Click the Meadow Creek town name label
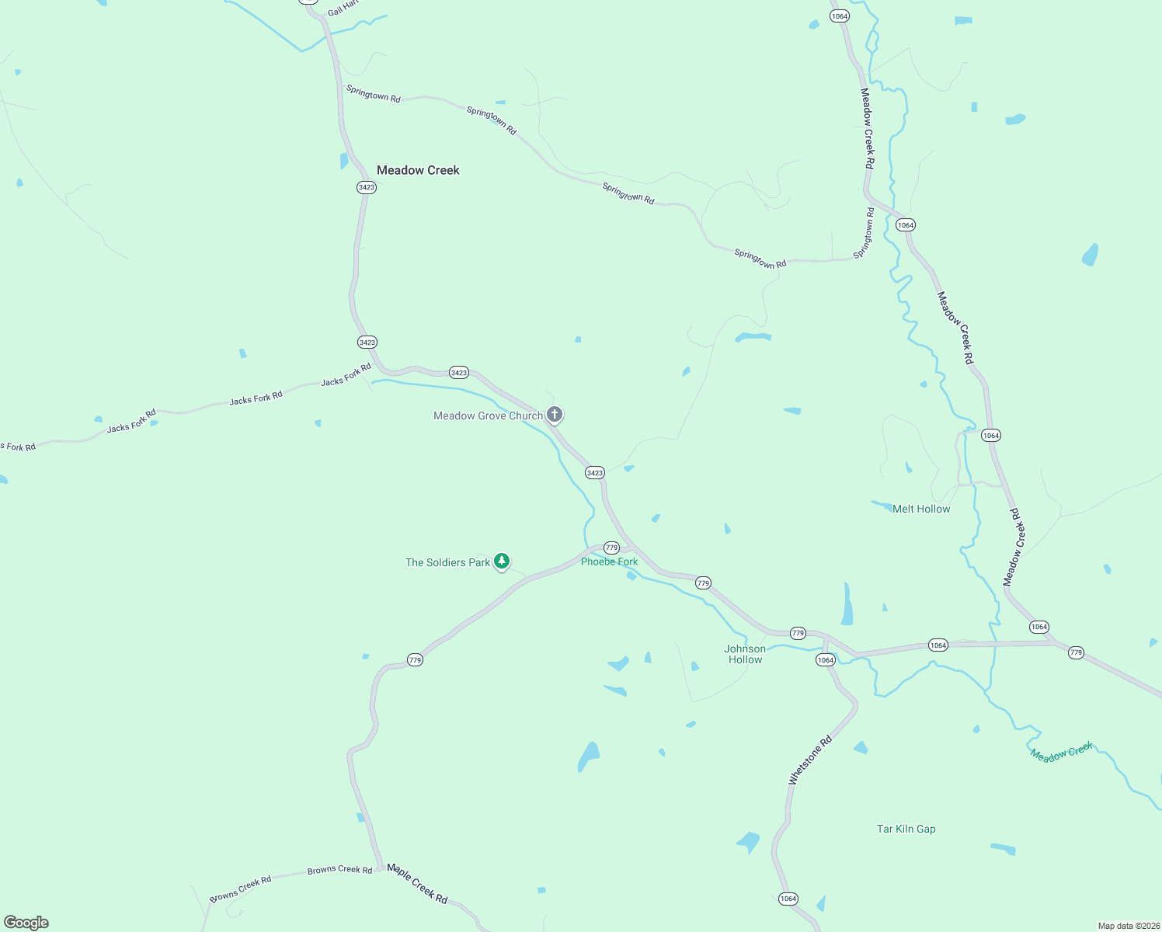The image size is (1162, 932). [418, 170]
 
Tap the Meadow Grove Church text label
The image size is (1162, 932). [488, 416]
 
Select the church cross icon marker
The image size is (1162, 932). [555, 414]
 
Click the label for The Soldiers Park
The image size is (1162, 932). [447, 562]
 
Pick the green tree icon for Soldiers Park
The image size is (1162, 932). [502, 561]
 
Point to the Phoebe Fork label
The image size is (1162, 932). [609, 562]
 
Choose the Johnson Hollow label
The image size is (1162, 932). [745, 654]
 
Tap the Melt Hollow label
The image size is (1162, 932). [921, 509]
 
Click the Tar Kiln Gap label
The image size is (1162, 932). [906, 829]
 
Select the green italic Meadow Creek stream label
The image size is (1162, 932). [1061, 751]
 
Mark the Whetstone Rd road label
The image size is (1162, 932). [810, 760]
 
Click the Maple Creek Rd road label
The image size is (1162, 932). [417, 883]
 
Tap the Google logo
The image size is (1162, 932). [26, 923]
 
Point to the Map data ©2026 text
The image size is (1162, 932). [1128, 926]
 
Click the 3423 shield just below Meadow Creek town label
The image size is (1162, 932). [367, 187]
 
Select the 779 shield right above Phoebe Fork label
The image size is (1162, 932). [611, 548]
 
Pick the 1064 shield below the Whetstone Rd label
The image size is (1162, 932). [788, 899]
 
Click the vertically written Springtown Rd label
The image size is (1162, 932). [865, 232]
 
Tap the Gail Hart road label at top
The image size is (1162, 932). [343, 9]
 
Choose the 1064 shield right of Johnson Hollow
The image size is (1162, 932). [825, 660]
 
